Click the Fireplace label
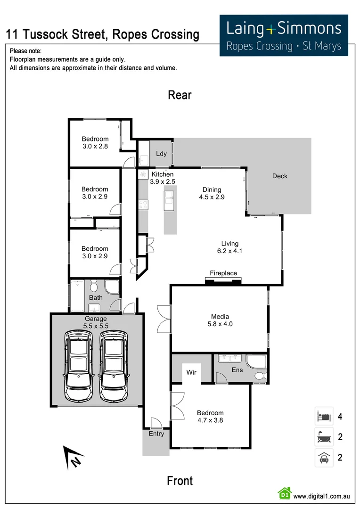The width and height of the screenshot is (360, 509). point(223,273)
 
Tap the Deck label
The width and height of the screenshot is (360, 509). point(279,176)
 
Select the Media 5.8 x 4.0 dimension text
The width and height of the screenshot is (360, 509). point(220,324)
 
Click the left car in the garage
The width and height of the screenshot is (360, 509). point(79,365)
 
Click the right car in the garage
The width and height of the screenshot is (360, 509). point(113,365)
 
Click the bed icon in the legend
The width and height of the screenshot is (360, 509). point(324,416)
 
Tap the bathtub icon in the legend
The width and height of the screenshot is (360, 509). point(324,437)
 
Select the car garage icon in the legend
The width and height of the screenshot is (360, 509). point(324,457)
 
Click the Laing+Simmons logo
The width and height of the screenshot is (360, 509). point(284,35)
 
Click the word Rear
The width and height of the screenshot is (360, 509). point(180,95)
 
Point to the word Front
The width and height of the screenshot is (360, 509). point(180,481)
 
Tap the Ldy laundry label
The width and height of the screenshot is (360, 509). point(162,154)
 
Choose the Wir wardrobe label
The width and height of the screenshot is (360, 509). point(191,372)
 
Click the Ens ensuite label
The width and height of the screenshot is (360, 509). point(237,370)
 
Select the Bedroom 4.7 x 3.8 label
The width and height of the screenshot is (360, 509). point(210,417)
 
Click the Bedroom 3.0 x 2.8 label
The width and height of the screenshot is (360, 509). point(95,143)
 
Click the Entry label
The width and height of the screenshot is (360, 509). point(156,434)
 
